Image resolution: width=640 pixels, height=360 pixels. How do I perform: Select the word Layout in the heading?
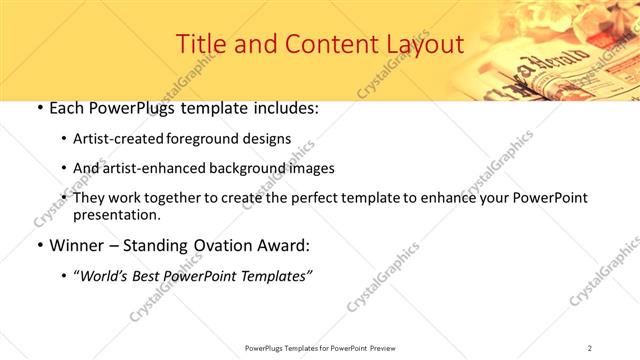point(423,45)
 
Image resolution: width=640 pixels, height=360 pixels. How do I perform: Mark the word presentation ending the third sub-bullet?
point(116,215)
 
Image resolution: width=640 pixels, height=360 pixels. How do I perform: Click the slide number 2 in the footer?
point(590,347)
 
